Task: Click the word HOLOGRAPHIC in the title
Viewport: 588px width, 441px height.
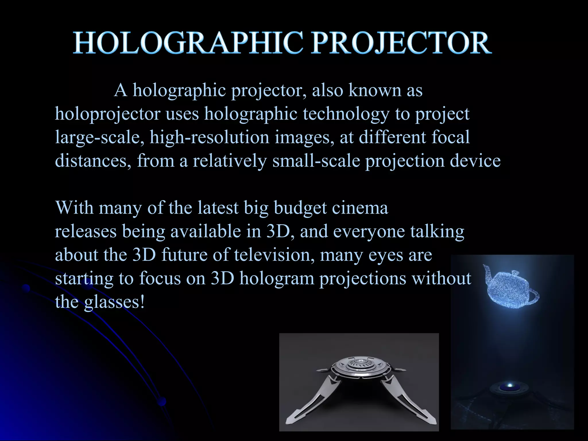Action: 188,43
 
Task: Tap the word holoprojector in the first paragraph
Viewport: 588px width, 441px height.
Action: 107,114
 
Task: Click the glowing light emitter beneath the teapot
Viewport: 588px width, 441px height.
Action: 510,385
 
